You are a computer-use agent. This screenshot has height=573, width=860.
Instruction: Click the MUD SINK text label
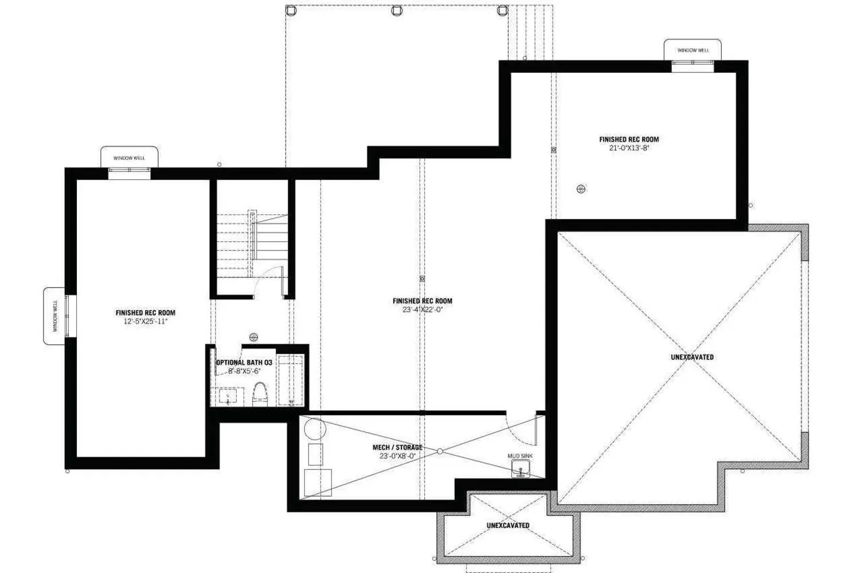tap(520, 456)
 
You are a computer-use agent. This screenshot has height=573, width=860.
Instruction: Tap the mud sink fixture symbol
tap(521, 470)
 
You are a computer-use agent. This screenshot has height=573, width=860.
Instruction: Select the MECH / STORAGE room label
tap(397, 448)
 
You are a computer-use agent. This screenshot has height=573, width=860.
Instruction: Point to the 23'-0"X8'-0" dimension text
tap(397, 456)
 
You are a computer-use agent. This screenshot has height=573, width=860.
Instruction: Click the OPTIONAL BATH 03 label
tap(244, 363)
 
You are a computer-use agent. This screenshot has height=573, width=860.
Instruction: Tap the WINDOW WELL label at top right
tap(693, 50)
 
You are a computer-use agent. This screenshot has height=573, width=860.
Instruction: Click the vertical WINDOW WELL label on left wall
tap(56, 316)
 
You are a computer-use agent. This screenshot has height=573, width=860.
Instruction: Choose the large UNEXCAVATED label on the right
tap(692, 358)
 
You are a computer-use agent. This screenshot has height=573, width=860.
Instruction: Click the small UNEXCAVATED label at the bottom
tap(508, 525)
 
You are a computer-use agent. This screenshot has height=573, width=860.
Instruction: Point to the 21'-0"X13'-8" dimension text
tap(629, 148)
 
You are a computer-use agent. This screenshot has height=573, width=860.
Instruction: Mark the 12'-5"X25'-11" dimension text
tap(146, 321)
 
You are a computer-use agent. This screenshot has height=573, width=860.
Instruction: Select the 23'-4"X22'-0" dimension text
tap(423, 309)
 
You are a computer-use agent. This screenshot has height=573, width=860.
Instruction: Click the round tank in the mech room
tap(314, 429)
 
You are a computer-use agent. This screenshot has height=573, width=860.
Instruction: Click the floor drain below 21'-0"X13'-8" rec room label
tap(581, 189)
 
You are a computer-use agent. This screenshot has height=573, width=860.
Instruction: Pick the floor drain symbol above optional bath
tap(254, 337)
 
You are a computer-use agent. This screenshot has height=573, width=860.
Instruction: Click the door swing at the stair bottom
tap(267, 281)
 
